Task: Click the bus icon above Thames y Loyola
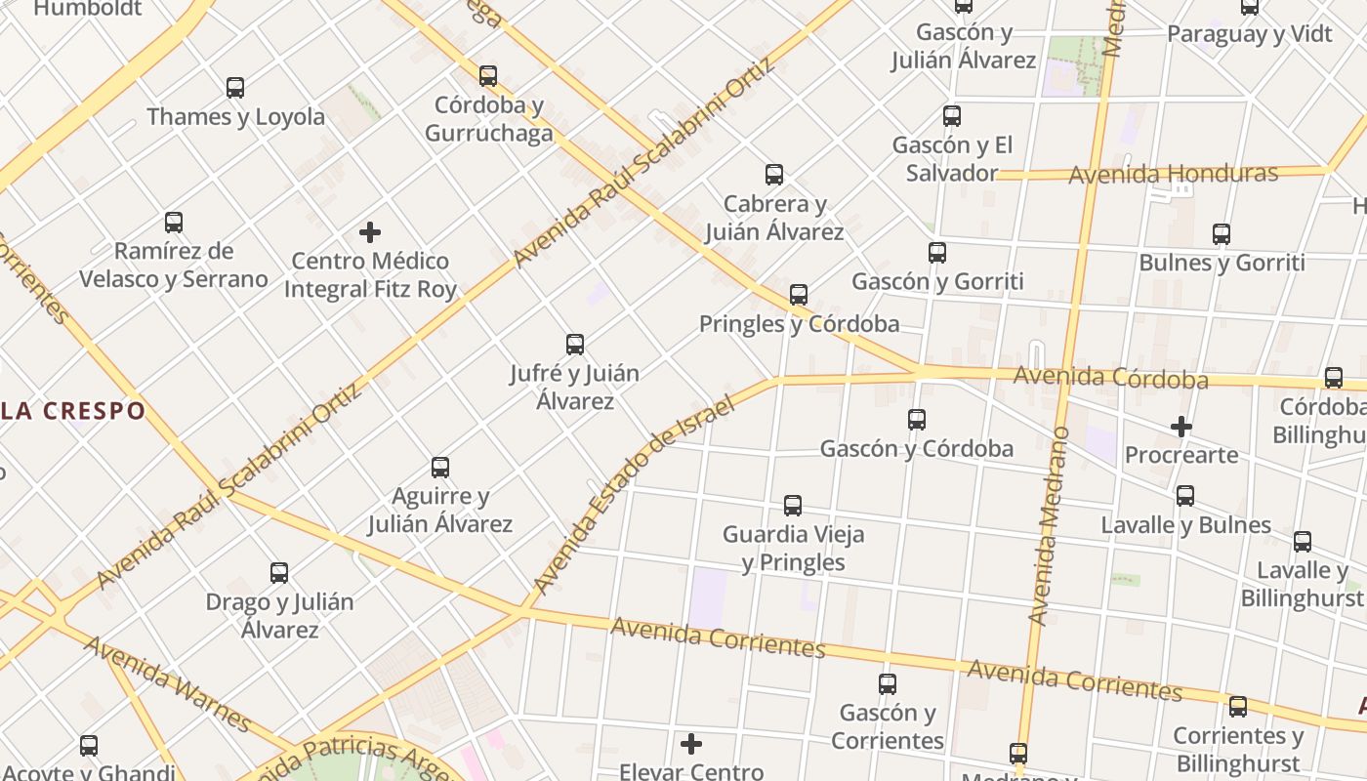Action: [x=235, y=88]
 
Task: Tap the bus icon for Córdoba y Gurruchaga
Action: [x=488, y=76]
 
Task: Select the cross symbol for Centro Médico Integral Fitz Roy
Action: [x=370, y=232]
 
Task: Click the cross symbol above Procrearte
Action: [x=1181, y=427]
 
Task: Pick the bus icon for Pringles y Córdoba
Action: [x=799, y=295]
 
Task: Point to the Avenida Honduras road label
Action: [x=1173, y=175]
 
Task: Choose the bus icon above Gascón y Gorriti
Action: [x=937, y=253]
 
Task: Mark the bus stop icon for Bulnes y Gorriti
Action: [x=1222, y=234]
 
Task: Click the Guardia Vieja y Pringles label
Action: [x=793, y=549]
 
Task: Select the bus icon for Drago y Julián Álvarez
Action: [x=279, y=573]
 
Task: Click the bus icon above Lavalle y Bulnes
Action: [x=1185, y=496]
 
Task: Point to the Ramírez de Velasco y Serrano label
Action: [x=174, y=266]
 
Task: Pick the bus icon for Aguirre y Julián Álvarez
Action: [x=440, y=468]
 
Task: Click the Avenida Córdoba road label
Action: [x=1110, y=377]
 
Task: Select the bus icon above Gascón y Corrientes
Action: [x=888, y=684]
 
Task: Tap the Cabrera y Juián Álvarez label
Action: [x=774, y=218]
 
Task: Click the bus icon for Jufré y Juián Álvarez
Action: [x=575, y=345]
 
